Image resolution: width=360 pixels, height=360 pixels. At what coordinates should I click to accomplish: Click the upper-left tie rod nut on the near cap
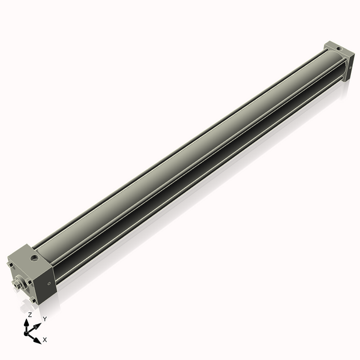click(x=10, y=263)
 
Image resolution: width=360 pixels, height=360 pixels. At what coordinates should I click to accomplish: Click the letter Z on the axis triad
click(x=30, y=314)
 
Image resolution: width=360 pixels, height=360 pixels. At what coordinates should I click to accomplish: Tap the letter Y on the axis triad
click(x=44, y=319)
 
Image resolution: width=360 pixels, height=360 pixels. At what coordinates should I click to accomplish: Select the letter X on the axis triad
click(x=45, y=340)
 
